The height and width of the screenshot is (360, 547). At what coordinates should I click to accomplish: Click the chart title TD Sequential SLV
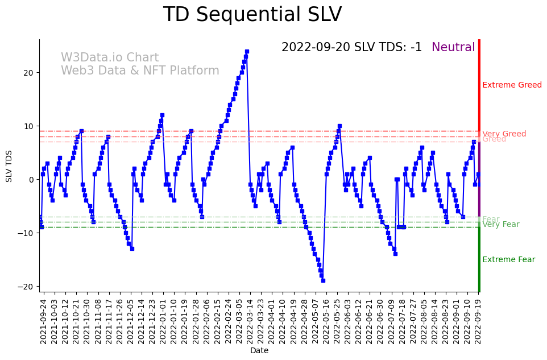point(252,15)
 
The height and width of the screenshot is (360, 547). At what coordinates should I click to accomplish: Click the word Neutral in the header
point(453,48)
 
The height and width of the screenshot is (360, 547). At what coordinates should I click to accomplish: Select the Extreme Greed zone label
point(512,85)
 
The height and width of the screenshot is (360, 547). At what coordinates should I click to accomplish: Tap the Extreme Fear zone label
point(508,260)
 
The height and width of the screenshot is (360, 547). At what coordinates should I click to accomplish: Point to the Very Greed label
point(504,134)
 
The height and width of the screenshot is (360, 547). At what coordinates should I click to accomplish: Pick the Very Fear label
point(500,225)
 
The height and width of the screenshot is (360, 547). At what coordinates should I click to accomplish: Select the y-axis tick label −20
point(27,287)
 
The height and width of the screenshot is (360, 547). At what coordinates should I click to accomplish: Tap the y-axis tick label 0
point(31,180)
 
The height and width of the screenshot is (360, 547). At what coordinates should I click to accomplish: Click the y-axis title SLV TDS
point(9,165)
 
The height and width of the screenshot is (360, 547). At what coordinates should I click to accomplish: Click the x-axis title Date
point(259,351)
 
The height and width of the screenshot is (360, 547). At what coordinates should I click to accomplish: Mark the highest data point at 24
point(247,51)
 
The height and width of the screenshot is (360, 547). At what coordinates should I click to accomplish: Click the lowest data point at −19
point(323,280)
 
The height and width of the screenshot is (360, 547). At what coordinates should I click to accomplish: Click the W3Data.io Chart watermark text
point(110,58)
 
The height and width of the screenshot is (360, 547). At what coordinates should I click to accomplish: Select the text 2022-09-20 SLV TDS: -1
point(351,48)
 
